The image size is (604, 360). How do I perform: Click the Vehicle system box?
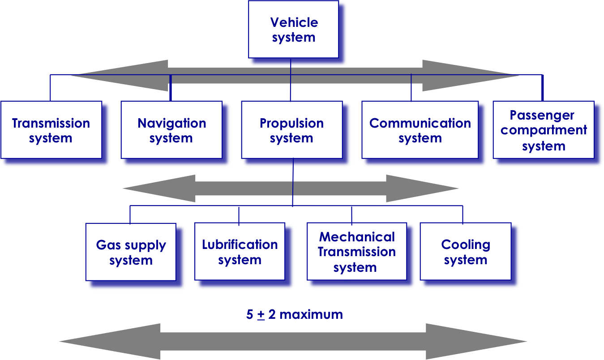(x=293, y=30)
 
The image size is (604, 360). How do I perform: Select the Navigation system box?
(x=171, y=130)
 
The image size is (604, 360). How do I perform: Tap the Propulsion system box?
(x=291, y=130)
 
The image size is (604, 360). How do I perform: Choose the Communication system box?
(x=420, y=130)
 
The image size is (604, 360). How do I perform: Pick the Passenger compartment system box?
(x=544, y=130)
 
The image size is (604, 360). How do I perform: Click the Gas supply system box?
(x=130, y=252)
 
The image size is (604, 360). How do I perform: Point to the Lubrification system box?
(x=240, y=252)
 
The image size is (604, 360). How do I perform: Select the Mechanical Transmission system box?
(x=356, y=252)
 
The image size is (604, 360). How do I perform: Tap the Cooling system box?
(x=465, y=252)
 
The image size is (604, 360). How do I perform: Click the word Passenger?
(x=542, y=115)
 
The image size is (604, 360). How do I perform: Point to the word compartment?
(x=544, y=130)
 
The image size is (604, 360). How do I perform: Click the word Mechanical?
(x=357, y=237)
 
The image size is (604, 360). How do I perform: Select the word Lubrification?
(x=240, y=244)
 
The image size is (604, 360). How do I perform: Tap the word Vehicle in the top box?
(x=294, y=22)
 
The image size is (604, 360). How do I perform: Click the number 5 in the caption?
(x=250, y=314)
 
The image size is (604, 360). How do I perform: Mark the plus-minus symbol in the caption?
(x=261, y=315)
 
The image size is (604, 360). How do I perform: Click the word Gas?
(x=106, y=245)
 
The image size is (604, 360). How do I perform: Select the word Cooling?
(x=466, y=244)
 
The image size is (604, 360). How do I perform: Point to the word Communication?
(x=420, y=123)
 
